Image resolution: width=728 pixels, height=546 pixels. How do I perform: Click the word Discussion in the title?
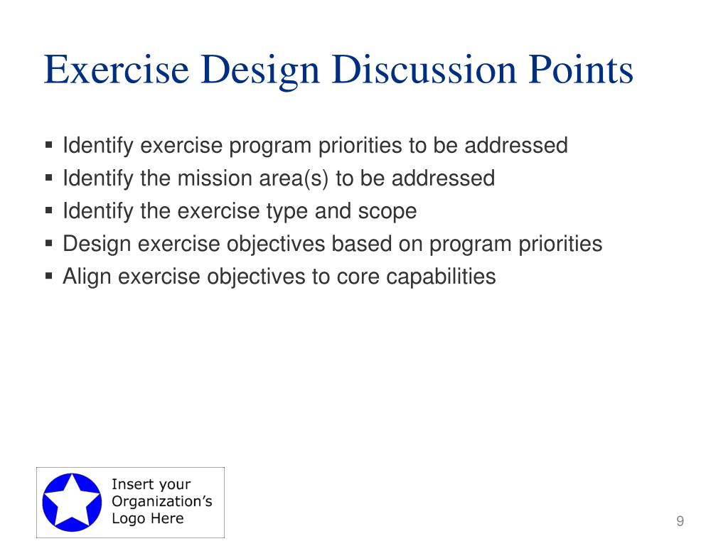(424, 70)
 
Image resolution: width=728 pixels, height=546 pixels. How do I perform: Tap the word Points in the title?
(581, 70)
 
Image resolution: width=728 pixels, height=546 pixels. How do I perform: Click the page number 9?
(680, 521)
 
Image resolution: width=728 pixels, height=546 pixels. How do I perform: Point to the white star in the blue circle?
(72, 501)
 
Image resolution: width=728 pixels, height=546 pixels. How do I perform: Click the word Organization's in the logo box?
(162, 501)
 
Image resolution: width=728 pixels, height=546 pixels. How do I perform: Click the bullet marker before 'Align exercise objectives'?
(49, 276)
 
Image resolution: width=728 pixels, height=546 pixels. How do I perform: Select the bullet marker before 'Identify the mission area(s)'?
(49, 177)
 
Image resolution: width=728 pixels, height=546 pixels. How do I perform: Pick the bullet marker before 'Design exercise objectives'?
(49, 243)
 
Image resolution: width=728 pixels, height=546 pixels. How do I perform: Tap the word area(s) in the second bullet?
(294, 178)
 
